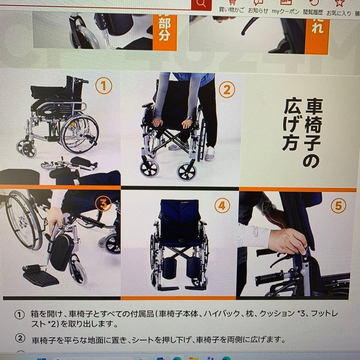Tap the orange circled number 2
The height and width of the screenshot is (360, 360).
point(227,90)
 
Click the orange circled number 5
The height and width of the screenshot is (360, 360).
point(338,206)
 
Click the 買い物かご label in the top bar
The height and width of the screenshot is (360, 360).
point(231,10)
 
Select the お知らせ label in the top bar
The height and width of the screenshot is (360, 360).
point(258,11)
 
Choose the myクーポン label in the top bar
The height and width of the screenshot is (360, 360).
point(285,11)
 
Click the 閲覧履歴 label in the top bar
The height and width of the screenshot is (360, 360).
point(313,12)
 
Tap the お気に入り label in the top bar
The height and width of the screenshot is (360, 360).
point(339,13)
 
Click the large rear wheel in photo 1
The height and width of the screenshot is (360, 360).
point(80,134)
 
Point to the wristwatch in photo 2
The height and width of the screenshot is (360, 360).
point(189,118)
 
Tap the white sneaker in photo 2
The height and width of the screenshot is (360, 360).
point(210,154)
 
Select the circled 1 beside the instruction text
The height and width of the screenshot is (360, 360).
point(20,315)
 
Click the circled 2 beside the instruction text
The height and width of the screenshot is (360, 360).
point(20,338)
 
